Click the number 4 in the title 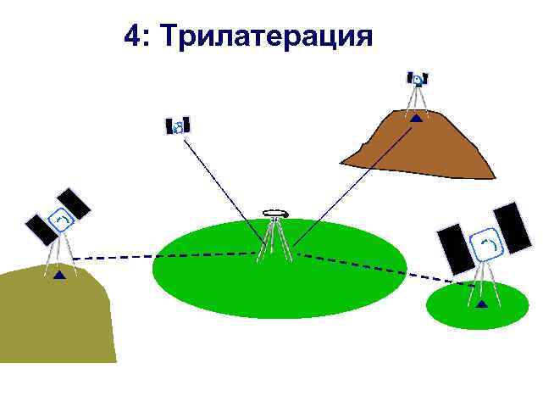[132, 36]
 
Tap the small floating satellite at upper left [178, 126]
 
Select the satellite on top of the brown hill [417, 80]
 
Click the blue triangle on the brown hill [416, 119]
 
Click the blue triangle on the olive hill [58, 275]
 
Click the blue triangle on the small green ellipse [482, 303]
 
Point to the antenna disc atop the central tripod [274, 213]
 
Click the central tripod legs [275, 242]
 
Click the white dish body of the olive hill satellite [62, 221]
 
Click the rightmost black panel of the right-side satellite [513, 228]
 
